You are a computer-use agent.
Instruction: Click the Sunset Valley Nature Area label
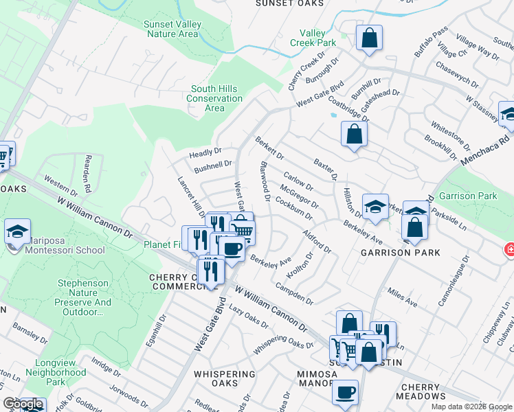pos(172,29)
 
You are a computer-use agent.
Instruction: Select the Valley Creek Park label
pos(317,38)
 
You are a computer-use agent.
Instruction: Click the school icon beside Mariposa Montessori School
pos(17,231)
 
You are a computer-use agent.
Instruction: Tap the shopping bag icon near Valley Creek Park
pos(370,38)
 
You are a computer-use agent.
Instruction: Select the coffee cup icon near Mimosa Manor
pos(345,392)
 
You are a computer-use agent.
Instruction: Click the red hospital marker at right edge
pos(509,249)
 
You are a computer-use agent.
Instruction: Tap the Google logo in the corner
pos(23,404)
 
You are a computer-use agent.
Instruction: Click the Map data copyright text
pos(471,407)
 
